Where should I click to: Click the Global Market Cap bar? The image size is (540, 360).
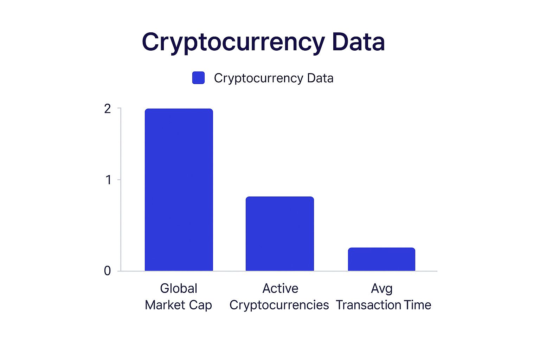pos(179,190)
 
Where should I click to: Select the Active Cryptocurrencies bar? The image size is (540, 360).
pos(279,234)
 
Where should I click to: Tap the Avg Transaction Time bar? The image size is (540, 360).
pos(381,259)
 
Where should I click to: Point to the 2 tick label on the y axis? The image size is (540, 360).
pos(108,109)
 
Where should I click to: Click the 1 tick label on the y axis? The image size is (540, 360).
pos(108,180)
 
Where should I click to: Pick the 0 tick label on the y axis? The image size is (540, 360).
pos(108,271)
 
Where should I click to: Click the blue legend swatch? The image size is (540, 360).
pos(198,78)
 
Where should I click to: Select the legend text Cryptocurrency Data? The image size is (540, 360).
pos(274,78)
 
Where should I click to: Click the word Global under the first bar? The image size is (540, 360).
pos(179,288)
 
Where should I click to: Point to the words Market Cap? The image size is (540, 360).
pos(178,305)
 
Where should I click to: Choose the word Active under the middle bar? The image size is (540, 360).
pos(280,288)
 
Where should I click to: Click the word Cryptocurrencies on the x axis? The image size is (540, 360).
pos(279,305)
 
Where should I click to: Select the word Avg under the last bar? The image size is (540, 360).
pos(381,289)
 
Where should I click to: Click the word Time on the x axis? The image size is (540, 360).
pos(417,305)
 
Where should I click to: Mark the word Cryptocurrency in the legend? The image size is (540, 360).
pos(258,78)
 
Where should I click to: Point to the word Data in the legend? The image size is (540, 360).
pos(320,78)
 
